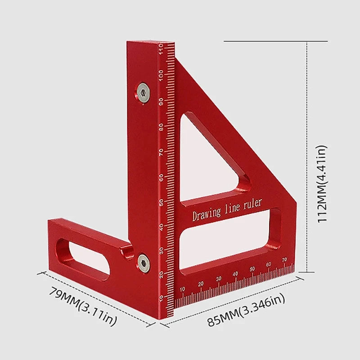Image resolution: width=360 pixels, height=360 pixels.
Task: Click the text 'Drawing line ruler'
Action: point(227,209)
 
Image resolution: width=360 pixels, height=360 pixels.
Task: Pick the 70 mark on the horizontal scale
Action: point(284,260)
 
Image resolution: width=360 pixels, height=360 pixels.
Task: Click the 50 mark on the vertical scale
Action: point(161,202)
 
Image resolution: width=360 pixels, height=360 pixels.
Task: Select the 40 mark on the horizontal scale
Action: point(235,274)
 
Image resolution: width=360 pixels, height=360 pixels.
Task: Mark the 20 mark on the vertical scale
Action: point(161,274)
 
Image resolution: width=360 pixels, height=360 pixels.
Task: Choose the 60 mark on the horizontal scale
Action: point(268,264)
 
